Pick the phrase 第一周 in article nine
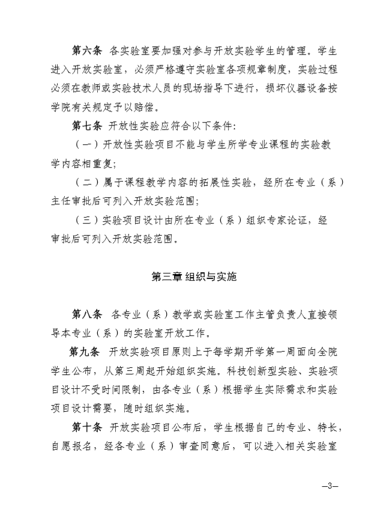[261, 352]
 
